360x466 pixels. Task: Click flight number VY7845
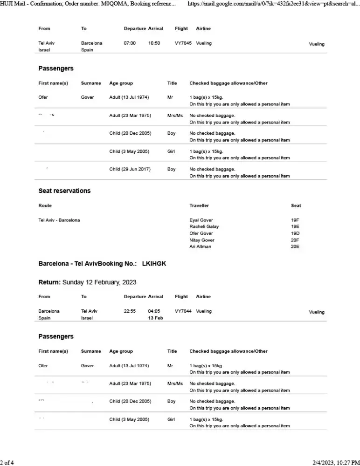pyautogui.click(x=183, y=43)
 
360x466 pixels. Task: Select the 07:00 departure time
pyautogui.click(x=130, y=43)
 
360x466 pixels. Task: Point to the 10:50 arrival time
pyautogui.click(x=154, y=43)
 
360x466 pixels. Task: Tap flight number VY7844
pyautogui.click(x=183, y=311)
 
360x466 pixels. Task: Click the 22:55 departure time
pyautogui.click(x=130, y=311)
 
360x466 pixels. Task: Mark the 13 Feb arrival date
pyautogui.click(x=155, y=318)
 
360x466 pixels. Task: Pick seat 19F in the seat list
pyautogui.click(x=295, y=220)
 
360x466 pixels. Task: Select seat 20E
pyautogui.click(x=295, y=247)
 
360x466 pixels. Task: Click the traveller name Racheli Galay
pyautogui.click(x=204, y=226)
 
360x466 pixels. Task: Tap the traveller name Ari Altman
pyautogui.click(x=200, y=247)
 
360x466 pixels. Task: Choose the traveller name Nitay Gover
pyautogui.click(x=201, y=240)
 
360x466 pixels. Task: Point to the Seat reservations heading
pyautogui.click(x=64, y=191)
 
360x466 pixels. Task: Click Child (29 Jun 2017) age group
pyautogui.click(x=130, y=169)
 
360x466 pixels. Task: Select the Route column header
pyautogui.click(x=45, y=206)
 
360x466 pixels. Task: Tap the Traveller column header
pyautogui.click(x=199, y=206)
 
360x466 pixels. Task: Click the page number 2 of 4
pyautogui.click(x=7, y=462)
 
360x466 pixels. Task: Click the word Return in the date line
pyautogui.click(x=49, y=282)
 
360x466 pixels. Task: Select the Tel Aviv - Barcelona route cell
pyautogui.click(x=59, y=220)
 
